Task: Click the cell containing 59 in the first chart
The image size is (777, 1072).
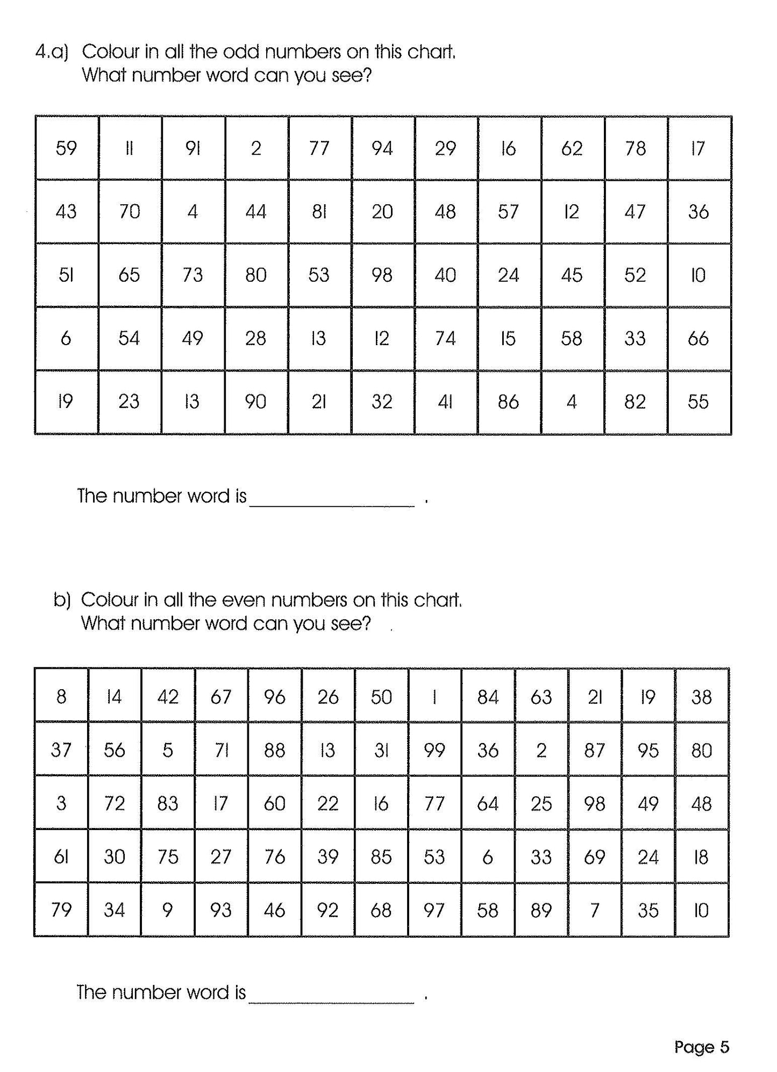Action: click(67, 148)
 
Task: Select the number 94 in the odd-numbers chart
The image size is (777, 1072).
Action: click(382, 148)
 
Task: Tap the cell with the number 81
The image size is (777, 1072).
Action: click(319, 212)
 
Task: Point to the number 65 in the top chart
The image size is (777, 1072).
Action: click(130, 275)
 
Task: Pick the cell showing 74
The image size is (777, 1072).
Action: click(445, 339)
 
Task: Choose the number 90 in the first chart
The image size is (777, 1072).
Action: click(256, 402)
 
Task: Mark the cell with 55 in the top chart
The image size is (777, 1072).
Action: click(698, 402)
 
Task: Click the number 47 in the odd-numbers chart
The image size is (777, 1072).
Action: click(635, 212)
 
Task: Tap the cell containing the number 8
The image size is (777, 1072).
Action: click(61, 697)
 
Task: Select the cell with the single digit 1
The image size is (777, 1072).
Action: click(434, 697)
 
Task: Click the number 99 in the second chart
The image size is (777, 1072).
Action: click(434, 750)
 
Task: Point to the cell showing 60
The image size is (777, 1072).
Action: click(275, 803)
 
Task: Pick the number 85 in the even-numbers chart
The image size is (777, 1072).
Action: click(381, 856)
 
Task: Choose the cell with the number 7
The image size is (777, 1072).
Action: click(595, 910)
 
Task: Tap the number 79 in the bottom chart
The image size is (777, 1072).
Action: click(61, 910)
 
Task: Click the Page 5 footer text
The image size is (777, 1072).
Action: click(701, 1047)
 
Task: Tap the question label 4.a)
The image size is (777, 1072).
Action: click(52, 52)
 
